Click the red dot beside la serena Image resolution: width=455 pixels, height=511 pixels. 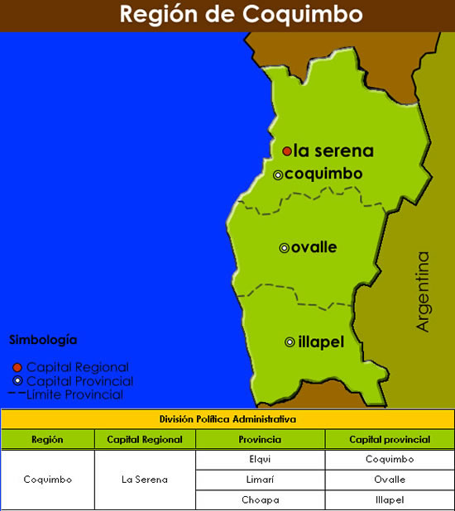click(286, 151)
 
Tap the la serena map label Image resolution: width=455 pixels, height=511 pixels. click(333, 151)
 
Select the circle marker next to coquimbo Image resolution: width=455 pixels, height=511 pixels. click(278, 174)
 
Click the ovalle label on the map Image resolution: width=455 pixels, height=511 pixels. click(314, 247)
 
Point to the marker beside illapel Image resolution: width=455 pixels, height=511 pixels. click(290, 341)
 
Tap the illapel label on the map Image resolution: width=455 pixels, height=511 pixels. click(320, 341)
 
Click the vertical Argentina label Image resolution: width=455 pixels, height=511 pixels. click(424, 291)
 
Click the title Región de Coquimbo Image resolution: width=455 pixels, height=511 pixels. click(228, 15)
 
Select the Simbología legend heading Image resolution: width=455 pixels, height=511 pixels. click(43, 339)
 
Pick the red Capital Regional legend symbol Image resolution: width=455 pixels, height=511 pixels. click(17, 367)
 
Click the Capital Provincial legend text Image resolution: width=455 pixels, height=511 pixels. click(79, 381)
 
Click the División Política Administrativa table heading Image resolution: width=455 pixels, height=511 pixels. click(227, 419)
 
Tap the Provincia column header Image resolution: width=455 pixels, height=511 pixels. click(260, 440)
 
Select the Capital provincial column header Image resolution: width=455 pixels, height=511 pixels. click(389, 440)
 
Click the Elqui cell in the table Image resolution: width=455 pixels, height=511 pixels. click(260, 460)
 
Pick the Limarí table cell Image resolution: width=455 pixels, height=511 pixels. click(260, 480)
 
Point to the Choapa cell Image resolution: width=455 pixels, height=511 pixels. click(260, 499)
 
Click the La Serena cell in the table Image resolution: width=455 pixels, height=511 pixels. click(144, 480)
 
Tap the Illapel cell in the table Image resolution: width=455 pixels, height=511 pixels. click(389, 499)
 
